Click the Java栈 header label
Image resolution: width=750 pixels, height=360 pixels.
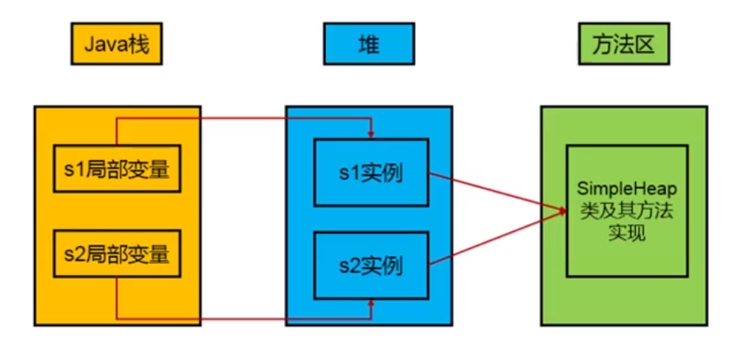point(117,45)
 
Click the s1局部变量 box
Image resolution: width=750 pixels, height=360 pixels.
point(117,169)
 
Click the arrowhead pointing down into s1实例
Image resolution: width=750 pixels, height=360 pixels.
point(371,134)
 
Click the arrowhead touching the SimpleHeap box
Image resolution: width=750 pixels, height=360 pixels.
point(561,211)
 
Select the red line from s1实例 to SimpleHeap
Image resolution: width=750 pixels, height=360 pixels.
point(494,191)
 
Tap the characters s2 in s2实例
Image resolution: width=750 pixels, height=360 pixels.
point(349,265)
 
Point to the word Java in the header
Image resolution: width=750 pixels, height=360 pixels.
point(103,45)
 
